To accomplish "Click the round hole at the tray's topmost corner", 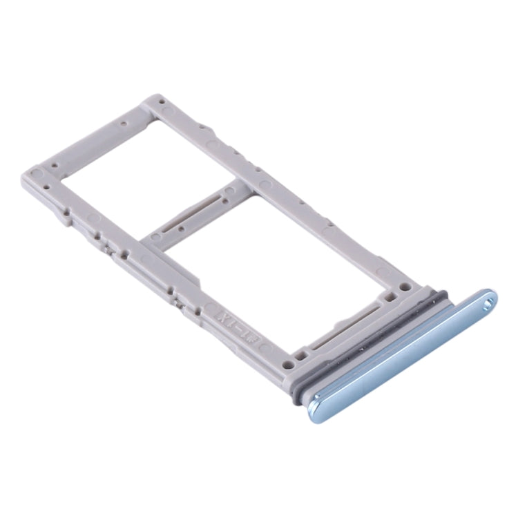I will (x=162, y=102).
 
